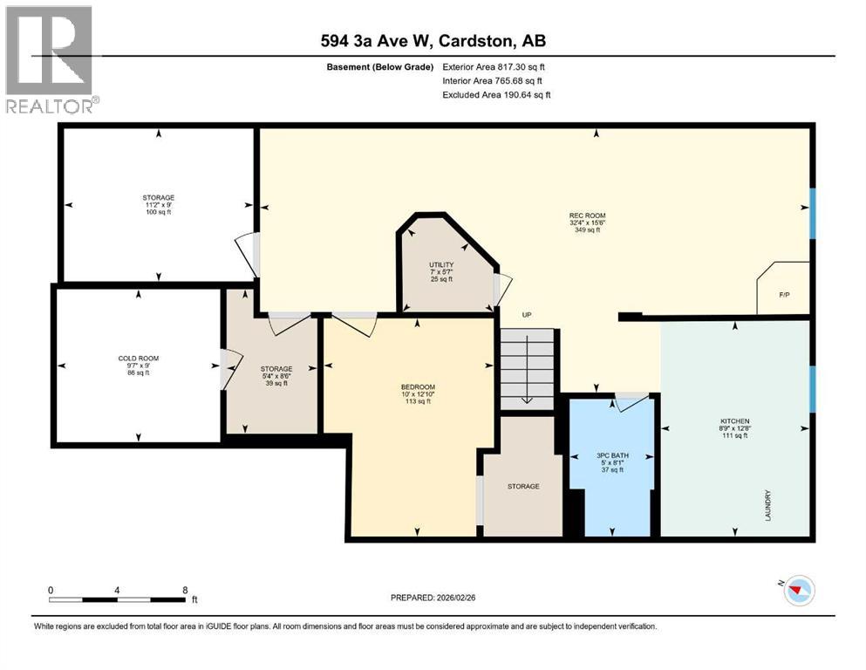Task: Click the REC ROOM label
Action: pyautogui.click(x=587, y=215)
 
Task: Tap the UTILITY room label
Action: pyautogui.click(x=440, y=264)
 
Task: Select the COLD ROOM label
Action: pyautogui.click(x=138, y=359)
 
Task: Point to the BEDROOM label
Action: pyautogui.click(x=418, y=387)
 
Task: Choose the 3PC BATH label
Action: pyautogui.click(x=612, y=455)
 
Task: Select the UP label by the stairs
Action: pyautogui.click(x=526, y=315)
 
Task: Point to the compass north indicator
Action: pyautogui.click(x=795, y=591)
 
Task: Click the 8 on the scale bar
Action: pyautogui.click(x=184, y=590)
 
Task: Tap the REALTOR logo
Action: pyautogui.click(x=50, y=59)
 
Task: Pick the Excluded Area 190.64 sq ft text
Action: pyautogui.click(x=496, y=94)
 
